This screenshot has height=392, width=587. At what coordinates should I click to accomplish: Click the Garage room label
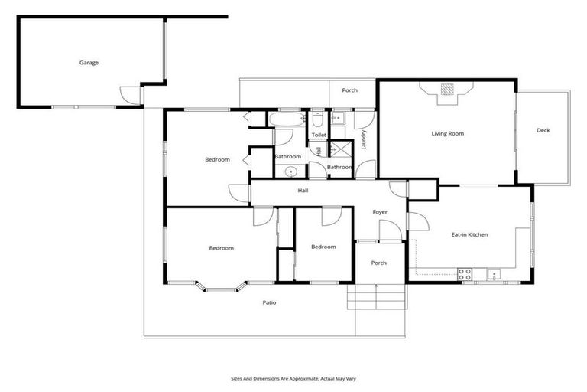click(89, 63)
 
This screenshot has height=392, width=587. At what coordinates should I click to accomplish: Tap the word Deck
click(543, 130)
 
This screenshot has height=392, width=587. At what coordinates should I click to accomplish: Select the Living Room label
click(447, 134)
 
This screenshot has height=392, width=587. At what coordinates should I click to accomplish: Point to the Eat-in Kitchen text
click(469, 234)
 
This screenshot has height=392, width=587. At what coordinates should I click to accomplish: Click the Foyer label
click(380, 212)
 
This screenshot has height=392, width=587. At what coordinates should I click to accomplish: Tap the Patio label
click(269, 302)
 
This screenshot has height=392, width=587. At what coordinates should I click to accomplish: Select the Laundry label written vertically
click(365, 139)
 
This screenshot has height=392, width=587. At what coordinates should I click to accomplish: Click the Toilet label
click(319, 135)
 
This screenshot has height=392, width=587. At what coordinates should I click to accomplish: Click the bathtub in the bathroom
click(287, 119)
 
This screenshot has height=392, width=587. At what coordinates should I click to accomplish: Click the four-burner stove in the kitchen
click(465, 274)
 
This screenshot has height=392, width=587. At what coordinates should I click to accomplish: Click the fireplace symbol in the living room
click(447, 91)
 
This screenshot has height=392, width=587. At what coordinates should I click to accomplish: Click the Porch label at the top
click(349, 90)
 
